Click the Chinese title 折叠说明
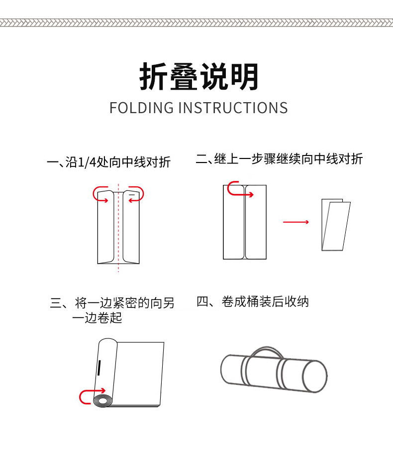pos(199,77)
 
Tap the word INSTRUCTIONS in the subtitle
pos(233,108)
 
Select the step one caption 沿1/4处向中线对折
pos(118,162)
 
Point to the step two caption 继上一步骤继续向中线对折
pos(289,159)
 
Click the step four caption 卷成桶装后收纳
pos(265,302)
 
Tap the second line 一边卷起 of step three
pos(97,317)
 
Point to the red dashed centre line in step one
pos(118,227)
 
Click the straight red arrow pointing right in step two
pos(296,222)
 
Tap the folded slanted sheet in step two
pos(336,225)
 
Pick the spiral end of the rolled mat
pos(102,401)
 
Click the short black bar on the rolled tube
pos(99,368)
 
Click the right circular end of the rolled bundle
pos(315,377)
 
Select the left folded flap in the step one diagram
pos(105,227)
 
